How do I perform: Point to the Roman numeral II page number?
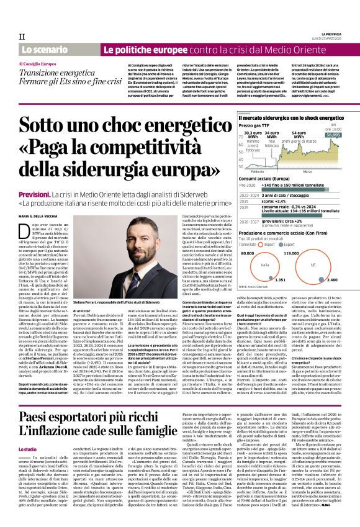point(22,36)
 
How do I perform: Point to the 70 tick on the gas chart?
point(241,135)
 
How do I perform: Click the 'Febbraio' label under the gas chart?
point(258,170)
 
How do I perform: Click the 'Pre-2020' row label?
point(249,185)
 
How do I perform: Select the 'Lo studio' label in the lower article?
point(27,448)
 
